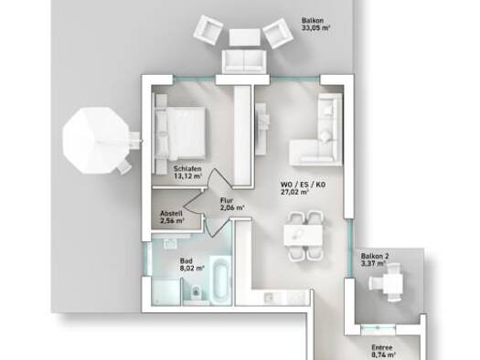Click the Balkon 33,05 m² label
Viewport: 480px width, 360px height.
pos(315,22)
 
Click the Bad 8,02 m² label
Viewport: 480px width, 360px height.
pos(190,265)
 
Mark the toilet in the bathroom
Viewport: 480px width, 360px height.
pos(197,292)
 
